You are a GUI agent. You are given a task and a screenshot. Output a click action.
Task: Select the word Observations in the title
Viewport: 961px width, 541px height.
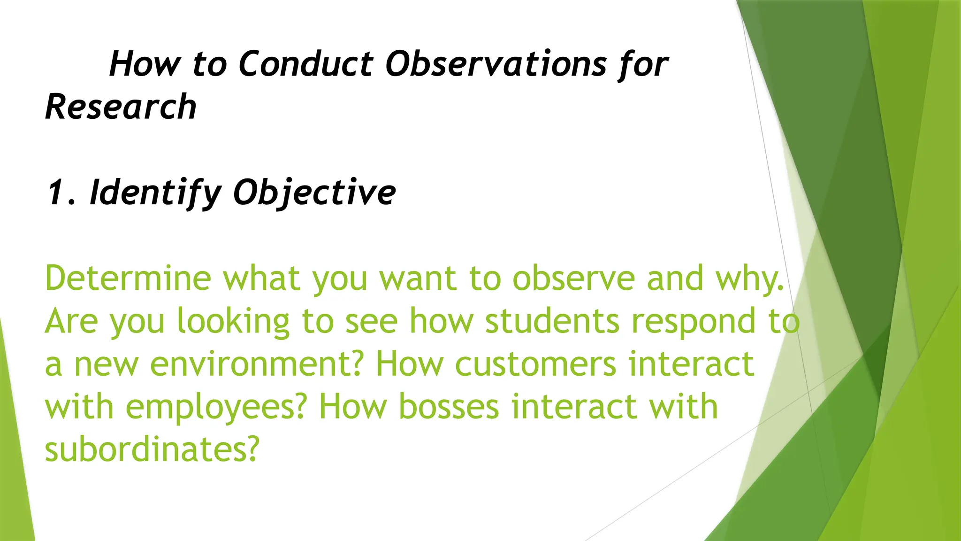point(496,64)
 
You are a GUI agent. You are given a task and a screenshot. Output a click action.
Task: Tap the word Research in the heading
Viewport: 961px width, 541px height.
point(121,107)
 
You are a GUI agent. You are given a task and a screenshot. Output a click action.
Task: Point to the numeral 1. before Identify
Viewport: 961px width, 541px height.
point(61,193)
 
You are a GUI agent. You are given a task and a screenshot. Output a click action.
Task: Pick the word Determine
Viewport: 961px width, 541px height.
point(128,278)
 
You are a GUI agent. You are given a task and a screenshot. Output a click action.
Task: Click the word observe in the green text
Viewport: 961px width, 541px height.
point(573,278)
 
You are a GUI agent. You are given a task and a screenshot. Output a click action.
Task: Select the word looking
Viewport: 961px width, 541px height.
point(233,322)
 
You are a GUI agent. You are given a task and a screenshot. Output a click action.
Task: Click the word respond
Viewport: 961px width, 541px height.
point(694,322)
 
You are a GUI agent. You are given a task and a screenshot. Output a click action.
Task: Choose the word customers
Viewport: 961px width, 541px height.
point(535,364)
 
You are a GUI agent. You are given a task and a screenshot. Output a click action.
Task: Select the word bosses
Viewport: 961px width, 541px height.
point(449,407)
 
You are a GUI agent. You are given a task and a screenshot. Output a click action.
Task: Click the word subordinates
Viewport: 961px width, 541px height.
point(152,449)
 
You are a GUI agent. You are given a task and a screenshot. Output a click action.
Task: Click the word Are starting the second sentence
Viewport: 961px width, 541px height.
point(71,321)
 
